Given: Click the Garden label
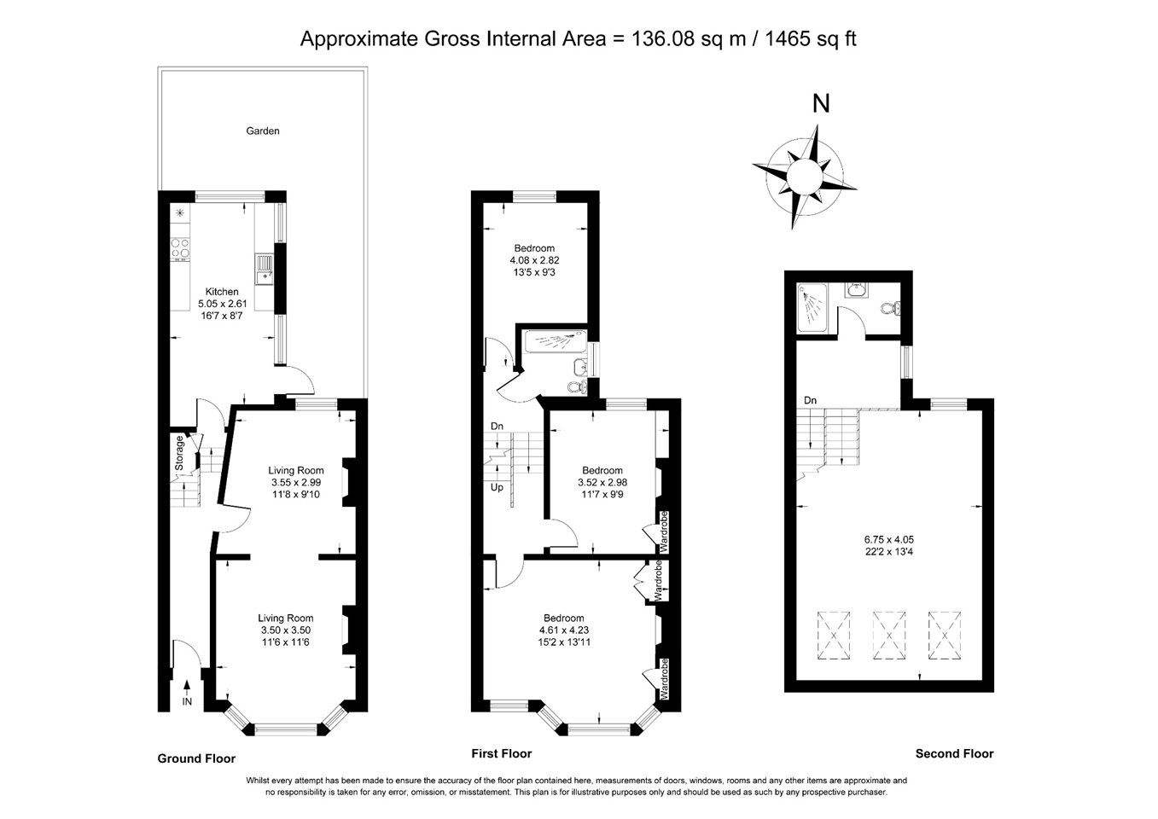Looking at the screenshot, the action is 263,131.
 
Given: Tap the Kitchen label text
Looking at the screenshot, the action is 222,292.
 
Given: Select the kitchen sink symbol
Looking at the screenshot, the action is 265,269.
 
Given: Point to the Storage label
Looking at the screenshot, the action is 179,453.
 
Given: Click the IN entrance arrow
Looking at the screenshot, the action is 187,693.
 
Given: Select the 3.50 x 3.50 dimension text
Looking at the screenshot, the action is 285,630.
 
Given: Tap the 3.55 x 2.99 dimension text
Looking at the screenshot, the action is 296,482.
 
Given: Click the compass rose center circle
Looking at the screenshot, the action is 805,175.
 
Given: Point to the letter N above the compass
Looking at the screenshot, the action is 821,103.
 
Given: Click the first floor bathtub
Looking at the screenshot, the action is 556,342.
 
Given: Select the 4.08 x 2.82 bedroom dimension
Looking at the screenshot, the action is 534,260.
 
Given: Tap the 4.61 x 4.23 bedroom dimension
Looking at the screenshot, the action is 563,630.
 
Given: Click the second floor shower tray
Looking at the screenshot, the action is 812,307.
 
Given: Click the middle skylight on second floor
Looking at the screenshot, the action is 888,636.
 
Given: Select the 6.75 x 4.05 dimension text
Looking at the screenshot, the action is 888,539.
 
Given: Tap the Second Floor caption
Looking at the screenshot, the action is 954,753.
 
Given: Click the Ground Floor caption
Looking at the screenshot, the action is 196,758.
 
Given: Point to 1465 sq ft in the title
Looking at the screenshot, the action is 810,38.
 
